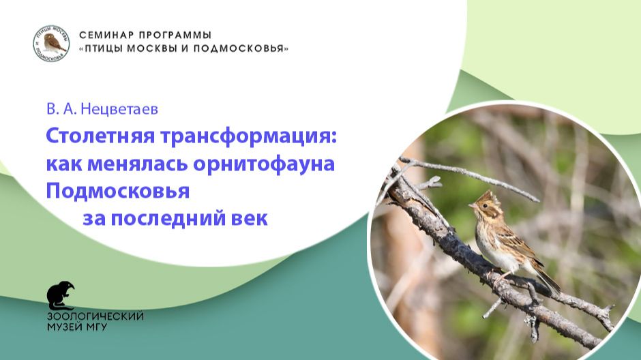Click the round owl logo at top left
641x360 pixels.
[51, 43]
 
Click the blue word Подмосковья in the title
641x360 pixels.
[117, 192]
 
